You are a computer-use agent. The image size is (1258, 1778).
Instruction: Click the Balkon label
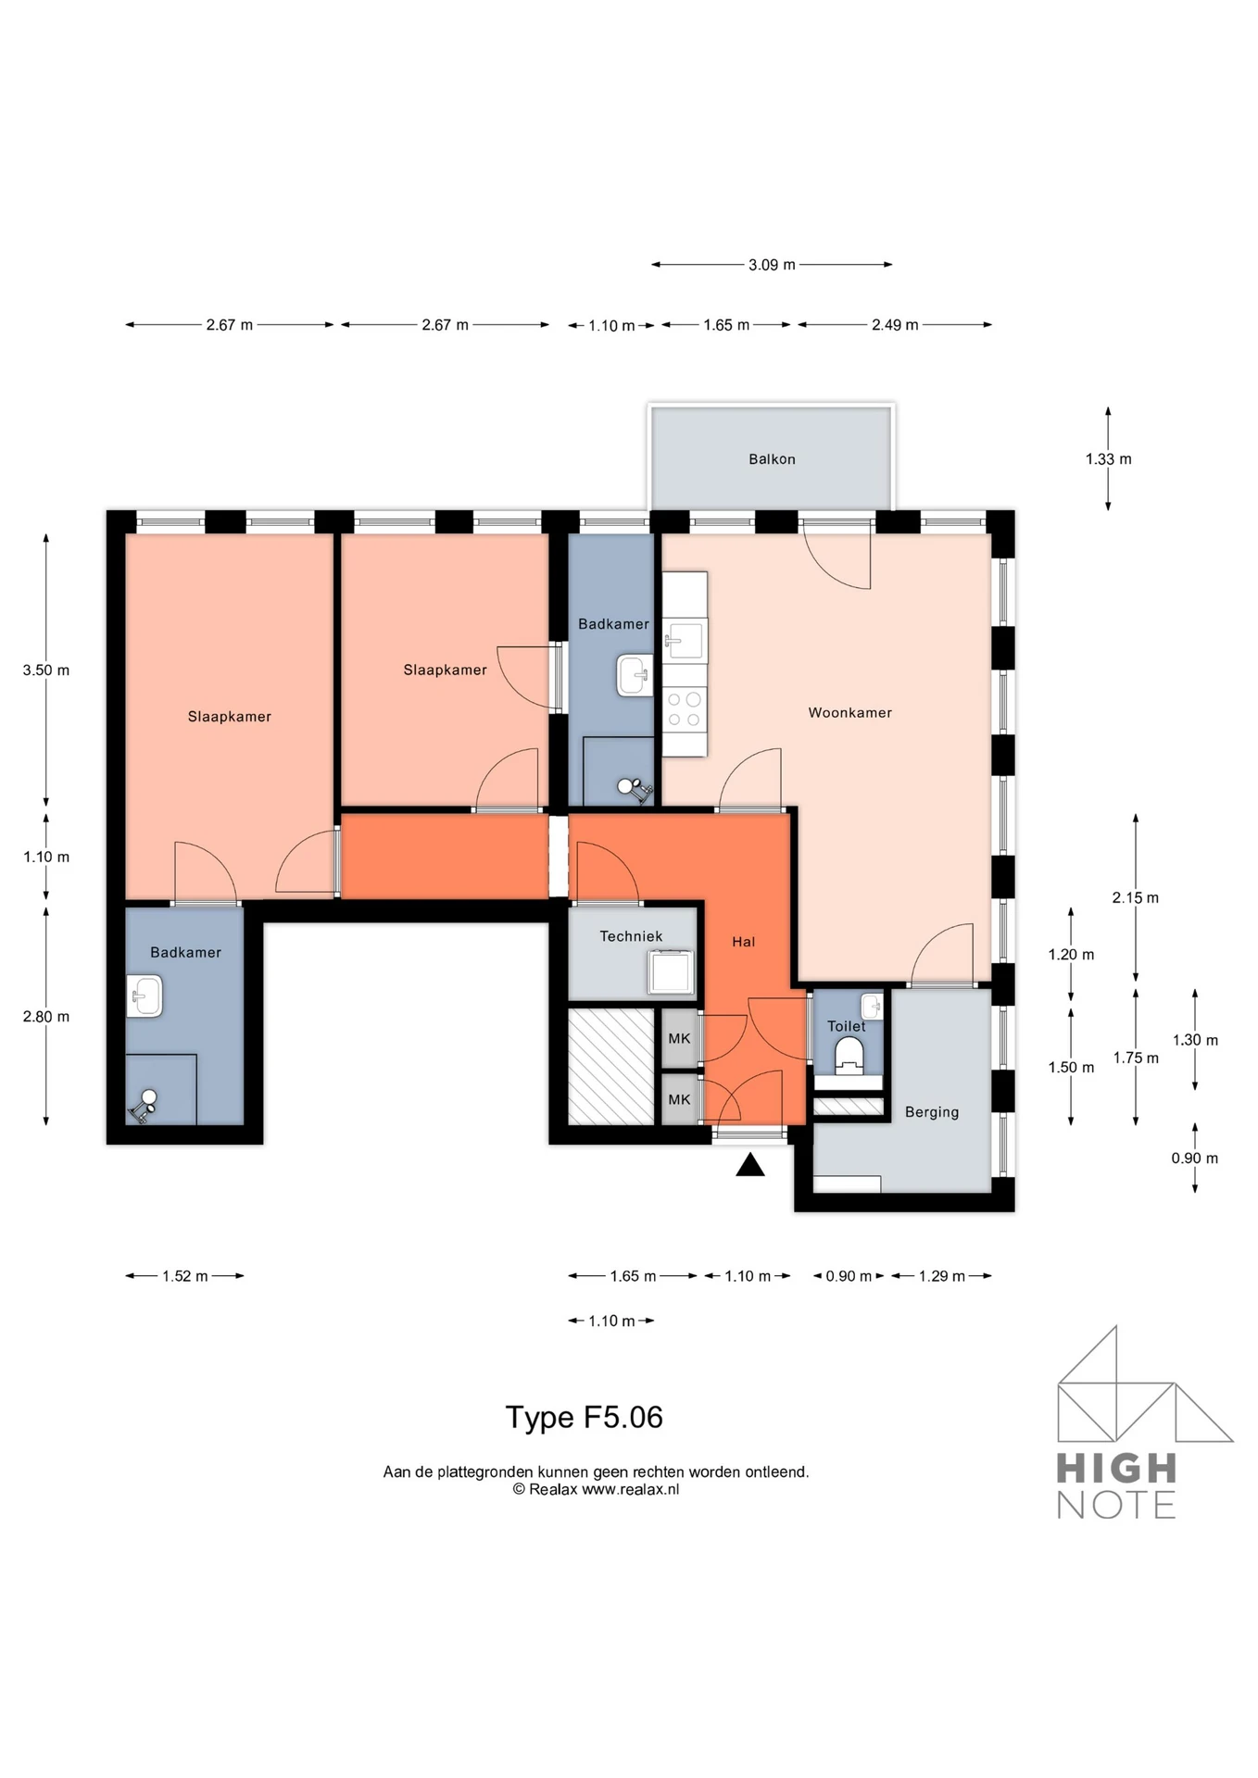[x=772, y=459]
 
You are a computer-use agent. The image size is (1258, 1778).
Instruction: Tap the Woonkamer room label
[x=849, y=713]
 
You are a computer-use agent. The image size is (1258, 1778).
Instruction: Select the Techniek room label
[x=631, y=936]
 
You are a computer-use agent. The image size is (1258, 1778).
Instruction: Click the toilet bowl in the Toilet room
[x=849, y=1055]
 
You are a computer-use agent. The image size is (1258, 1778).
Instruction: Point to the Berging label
[x=931, y=1112]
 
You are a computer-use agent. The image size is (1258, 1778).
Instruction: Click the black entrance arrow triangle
[x=750, y=1165]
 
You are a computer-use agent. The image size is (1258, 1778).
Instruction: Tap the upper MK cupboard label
[x=679, y=1039]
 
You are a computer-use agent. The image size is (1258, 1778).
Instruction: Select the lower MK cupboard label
[x=679, y=1100]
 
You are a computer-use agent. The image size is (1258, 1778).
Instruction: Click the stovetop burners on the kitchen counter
[x=685, y=710]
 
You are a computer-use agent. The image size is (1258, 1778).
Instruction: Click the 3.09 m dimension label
[x=772, y=265]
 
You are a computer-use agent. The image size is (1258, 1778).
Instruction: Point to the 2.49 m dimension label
[x=895, y=325]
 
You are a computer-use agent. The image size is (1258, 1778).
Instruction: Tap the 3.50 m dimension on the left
[x=46, y=670]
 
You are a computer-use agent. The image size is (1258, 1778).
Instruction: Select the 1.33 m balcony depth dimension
[x=1108, y=459]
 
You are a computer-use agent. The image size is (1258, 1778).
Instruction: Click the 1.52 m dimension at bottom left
[x=184, y=1276]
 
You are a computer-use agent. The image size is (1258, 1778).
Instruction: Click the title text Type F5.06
[x=584, y=1418]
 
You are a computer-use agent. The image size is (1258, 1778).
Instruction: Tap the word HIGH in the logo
[x=1116, y=1469]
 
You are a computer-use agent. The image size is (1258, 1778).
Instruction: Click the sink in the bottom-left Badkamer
[x=145, y=996]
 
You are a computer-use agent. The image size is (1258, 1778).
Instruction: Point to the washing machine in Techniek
[x=671, y=972]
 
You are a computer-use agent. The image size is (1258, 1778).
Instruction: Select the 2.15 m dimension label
[x=1135, y=898]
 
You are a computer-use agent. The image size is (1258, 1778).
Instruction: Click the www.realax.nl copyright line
[x=596, y=1490]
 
